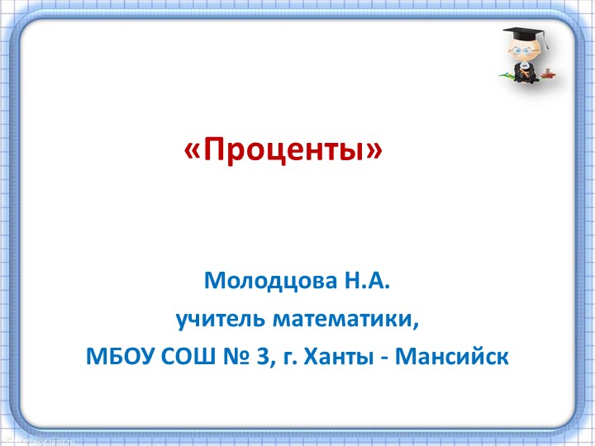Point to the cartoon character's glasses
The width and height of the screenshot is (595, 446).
click(x=516, y=50)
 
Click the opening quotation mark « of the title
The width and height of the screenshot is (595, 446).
click(x=192, y=151)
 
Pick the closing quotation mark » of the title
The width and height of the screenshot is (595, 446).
click(x=377, y=151)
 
